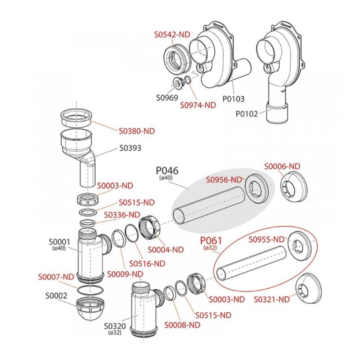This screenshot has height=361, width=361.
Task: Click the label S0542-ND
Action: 172,34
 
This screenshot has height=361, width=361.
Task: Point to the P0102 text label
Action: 247,114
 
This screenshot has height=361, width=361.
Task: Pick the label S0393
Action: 130,148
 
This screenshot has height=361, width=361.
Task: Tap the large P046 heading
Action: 167,171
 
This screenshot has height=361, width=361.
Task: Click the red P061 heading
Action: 210,240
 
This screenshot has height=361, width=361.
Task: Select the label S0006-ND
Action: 282,166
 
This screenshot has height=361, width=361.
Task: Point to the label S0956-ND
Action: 224,180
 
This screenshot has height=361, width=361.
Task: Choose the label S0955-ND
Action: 267,239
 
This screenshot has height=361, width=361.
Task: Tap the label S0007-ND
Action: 56,277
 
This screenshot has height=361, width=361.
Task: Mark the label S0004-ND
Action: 166,250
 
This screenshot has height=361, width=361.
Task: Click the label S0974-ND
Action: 198,105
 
